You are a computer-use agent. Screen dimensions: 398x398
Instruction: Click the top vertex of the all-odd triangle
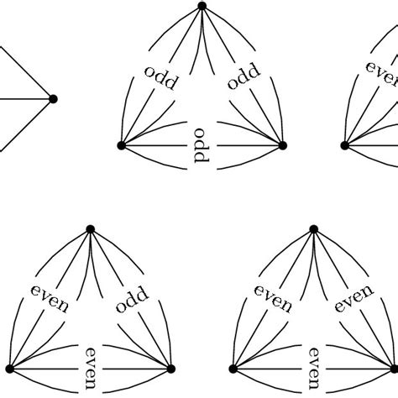(202, 6)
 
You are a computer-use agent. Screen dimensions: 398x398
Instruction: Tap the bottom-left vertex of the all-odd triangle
(121, 145)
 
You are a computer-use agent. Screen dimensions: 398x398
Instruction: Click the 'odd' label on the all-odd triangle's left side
(160, 76)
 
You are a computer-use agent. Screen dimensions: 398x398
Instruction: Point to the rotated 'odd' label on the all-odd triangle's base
(201, 151)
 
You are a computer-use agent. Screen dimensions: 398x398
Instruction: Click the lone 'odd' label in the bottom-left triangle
(131, 300)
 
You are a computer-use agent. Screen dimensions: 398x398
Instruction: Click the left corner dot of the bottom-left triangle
(9, 369)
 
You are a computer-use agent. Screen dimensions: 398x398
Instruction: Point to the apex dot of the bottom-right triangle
(313, 228)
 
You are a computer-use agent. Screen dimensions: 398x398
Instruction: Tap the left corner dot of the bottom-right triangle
(233, 369)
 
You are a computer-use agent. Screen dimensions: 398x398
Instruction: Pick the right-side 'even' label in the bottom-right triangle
(355, 300)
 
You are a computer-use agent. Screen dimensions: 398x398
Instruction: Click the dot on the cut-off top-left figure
(54, 99)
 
